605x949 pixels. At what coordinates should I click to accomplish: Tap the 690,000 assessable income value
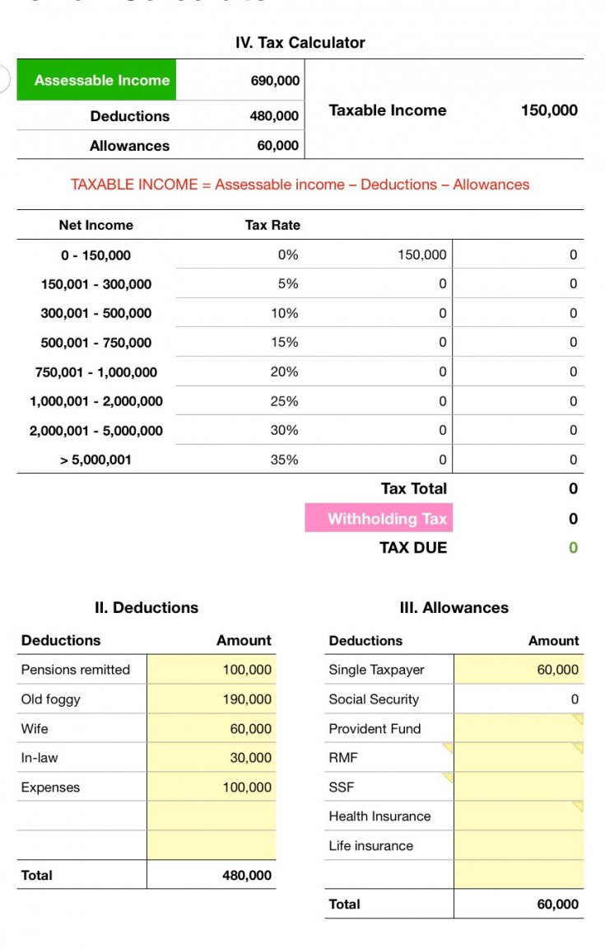[275, 81]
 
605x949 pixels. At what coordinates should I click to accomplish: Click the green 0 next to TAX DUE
[573, 548]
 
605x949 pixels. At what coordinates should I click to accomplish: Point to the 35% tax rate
[284, 460]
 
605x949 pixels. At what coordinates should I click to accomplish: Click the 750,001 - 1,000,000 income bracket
[96, 372]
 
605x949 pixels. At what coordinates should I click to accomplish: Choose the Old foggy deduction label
[51, 699]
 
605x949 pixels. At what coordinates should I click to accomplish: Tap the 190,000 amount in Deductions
[247, 699]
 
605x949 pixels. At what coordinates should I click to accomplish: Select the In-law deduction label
[40, 758]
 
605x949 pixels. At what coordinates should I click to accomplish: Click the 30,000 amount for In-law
[250, 758]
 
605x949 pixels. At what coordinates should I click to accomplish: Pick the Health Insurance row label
[379, 816]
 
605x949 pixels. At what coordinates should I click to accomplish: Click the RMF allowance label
[343, 758]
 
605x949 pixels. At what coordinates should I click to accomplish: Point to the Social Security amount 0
[574, 699]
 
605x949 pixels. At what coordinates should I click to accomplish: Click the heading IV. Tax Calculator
[300, 43]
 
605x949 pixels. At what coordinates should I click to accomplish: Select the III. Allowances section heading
[454, 608]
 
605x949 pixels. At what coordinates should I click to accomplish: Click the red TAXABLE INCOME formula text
[300, 185]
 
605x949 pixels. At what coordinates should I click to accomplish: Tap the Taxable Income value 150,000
[549, 110]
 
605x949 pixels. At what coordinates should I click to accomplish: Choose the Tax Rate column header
[272, 225]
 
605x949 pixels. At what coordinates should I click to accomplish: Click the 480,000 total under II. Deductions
[247, 875]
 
